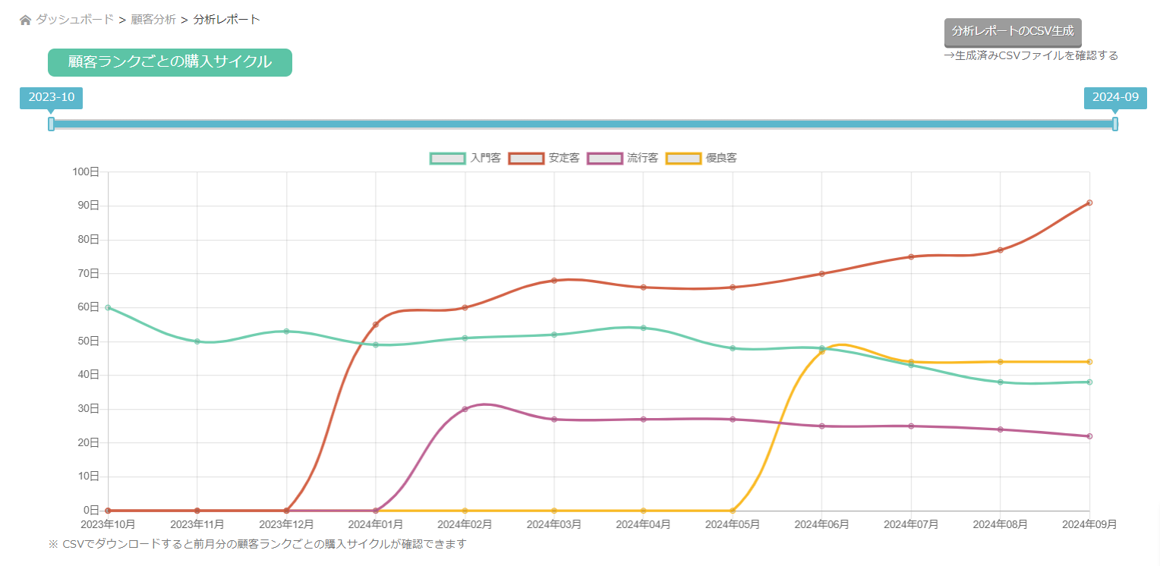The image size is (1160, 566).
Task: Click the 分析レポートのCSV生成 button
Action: coord(1012,32)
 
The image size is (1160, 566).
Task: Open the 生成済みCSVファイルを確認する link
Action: coord(1031,55)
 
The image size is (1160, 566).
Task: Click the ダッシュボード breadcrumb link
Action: coord(74,20)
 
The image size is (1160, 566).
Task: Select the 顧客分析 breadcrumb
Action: coord(153,20)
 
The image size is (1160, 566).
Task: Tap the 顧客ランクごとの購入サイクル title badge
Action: coord(169,62)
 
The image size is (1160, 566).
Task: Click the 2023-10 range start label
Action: coord(51,98)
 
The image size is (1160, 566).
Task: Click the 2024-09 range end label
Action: coord(1114,98)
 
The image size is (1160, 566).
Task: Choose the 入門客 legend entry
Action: coord(465,159)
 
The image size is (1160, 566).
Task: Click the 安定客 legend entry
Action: coord(544,159)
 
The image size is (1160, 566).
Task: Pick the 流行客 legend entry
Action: coord(623,159)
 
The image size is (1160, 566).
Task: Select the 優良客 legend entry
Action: coord(701,159)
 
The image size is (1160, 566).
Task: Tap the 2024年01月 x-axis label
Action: coord(375,524)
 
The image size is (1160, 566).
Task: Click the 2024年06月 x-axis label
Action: coord(821,524)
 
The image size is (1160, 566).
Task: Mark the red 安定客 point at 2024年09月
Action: coord(1089,203)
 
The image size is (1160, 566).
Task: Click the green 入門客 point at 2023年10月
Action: coord(108,307)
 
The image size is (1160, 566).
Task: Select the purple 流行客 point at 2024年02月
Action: coord(465,409)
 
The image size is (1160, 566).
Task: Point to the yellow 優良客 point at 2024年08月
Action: coord(1001,362)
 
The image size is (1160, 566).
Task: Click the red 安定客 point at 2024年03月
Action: coord(554,281)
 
